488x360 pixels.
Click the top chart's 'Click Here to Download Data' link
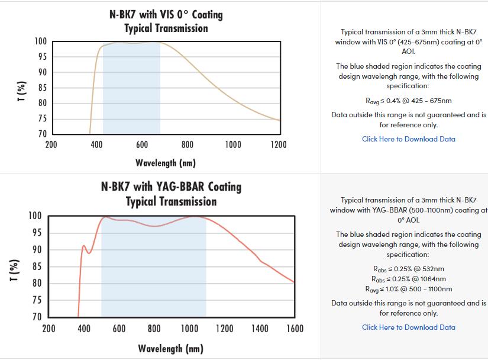click(408, 139)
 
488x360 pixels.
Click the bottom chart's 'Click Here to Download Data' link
click(408, 327)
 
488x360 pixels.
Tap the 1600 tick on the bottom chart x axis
click(294, 329)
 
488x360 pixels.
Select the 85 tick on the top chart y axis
click(41, 88)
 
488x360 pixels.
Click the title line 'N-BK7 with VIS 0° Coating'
click(166, 14)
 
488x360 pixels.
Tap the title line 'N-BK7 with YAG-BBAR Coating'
click(171, 187)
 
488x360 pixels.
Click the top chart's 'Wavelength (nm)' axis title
click(165, 163)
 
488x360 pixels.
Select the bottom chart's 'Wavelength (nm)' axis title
click(170, 348)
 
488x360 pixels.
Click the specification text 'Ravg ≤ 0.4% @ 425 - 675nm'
click(408, 101)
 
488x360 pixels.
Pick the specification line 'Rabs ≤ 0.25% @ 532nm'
click(408, 269)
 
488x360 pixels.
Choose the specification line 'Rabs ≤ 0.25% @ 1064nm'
click(408, 279)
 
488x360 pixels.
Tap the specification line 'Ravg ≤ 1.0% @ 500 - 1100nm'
click(408, 289)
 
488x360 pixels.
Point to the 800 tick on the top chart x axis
click(188, 144)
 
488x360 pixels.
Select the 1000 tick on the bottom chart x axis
click(189, 329)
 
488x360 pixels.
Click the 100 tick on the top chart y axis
click(40, 41)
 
